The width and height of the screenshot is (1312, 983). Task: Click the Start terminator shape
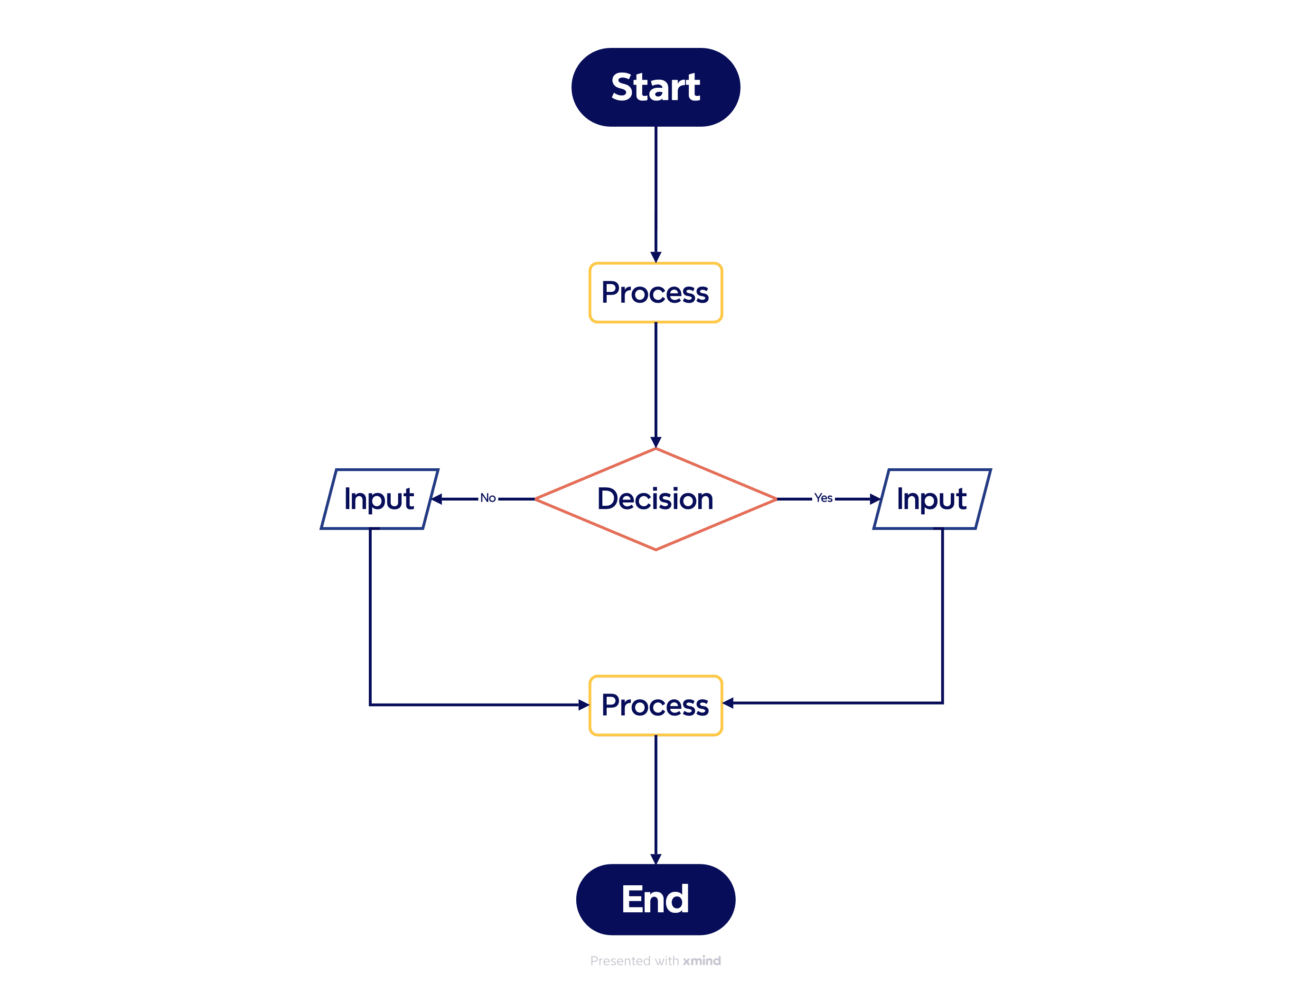656,87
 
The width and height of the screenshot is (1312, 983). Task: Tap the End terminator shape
656,900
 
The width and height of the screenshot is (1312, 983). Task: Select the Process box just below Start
656,293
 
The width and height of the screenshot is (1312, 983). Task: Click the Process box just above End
656,705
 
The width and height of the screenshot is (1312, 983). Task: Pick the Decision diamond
656,499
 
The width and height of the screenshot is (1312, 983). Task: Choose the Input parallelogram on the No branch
380,499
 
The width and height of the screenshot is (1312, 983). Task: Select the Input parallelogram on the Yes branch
932,499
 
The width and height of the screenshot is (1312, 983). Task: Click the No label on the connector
487,499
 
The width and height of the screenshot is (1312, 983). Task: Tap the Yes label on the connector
823,499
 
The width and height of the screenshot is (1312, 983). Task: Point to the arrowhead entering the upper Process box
656,257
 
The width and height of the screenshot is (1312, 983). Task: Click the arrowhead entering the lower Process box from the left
584,705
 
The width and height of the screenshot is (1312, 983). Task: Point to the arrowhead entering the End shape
656,859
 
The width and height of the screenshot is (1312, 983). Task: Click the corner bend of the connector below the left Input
370,705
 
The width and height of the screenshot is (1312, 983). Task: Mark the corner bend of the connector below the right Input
943,703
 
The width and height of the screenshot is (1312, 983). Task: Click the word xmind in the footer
702,961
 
